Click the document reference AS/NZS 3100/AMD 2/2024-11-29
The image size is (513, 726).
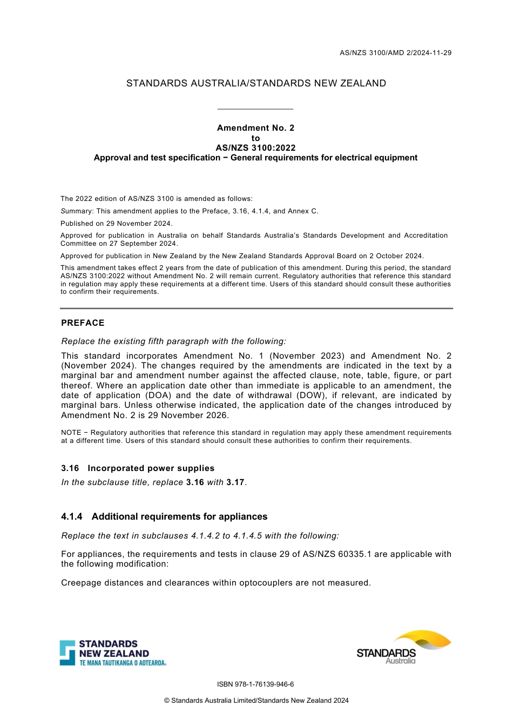point(395,53)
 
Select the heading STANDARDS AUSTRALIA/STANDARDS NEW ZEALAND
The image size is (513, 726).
point(256,83)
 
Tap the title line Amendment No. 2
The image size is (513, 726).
point(255,128)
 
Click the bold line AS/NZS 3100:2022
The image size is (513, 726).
point(255,148)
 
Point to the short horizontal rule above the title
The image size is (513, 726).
point(255,109)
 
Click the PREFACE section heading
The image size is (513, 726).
point(83,323)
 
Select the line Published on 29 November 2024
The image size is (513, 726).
point(117,224)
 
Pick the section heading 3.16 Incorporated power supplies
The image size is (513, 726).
point(138,468)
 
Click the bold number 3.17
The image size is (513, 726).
point(235,482)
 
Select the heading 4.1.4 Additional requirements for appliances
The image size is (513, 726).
point(164,516)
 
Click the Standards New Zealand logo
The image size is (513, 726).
point(113,653)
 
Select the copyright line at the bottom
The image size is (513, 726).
point(256,701)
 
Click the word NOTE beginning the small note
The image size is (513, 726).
point(71,433)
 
